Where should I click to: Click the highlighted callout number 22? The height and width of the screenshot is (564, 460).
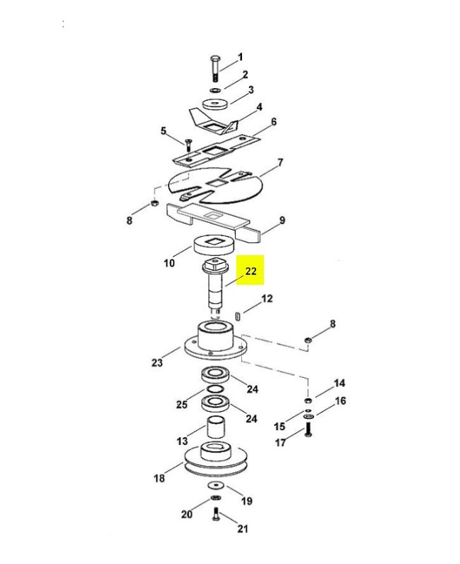click(x=250, y=271)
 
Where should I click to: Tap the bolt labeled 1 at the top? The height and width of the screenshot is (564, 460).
click(x=215, y=68)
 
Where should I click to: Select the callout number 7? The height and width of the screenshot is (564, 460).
click(x=280, y=163)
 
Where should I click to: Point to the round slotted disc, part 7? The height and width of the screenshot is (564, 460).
click(x=216, y=185)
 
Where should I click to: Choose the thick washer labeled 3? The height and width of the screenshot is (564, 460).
click(x=215, y=104)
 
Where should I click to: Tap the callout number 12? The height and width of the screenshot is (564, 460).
click(x=267, y=298)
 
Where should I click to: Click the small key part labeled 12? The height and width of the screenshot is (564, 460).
click(x=238, y=316)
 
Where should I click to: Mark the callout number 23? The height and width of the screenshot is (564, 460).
click(x=157, y=362)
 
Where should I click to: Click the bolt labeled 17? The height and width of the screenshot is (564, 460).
click(x=308, y=429)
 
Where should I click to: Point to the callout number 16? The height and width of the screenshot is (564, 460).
click(x=340, y=400)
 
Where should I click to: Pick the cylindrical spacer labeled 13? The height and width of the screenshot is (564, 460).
click(x=216, y=427)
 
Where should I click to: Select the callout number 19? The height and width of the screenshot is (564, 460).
click(x=246, y=501)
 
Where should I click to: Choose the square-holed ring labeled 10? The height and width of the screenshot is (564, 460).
click(x=214, y=245)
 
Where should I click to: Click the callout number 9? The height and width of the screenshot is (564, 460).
click(x=282, y=220)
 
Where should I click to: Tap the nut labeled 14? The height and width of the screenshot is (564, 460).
click(x=308, y=400)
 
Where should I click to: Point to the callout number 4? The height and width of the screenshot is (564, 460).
click(x=259, y=107)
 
